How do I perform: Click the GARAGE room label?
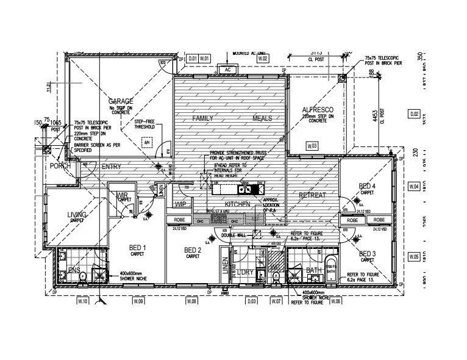[x=121, y=101]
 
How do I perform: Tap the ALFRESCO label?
[x=318, y=110]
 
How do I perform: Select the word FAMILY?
[x=203, y=118]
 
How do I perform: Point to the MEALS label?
[x=262, y=118]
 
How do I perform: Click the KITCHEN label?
[x=238, y=204]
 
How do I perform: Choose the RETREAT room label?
[x=312, y=195]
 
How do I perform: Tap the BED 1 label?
[x=138, y=247]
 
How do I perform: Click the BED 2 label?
[x=193, y=250]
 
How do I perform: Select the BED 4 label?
[x=367, y=186]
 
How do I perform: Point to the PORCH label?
[x=60, y=166]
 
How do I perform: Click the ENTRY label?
[x=111, y=167]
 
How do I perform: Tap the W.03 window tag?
[x=312, y=146]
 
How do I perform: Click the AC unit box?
[x=227, y=70]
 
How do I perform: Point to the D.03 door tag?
[x=251, y=301]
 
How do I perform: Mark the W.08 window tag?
[x=191, y=301]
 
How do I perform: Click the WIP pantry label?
[x=180, y=204]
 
